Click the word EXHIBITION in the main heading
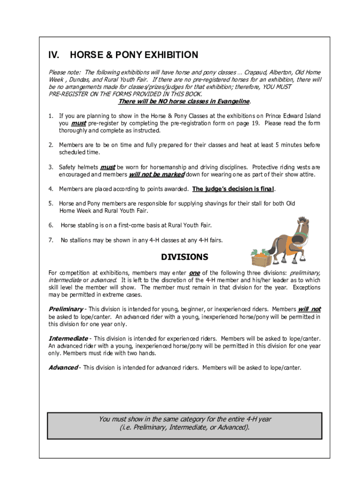pos(171,55)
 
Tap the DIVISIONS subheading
pos(185,257)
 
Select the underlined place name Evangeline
pos(230,102)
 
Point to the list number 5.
pos(50,203)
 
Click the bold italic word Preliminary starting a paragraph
pos(66,309)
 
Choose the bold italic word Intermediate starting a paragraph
pos(68,338)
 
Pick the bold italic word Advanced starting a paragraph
pos(63,367)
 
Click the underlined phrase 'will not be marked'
pos(157,174)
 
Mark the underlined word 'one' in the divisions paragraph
pos(194,273)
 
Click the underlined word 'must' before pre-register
pos(79,123)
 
